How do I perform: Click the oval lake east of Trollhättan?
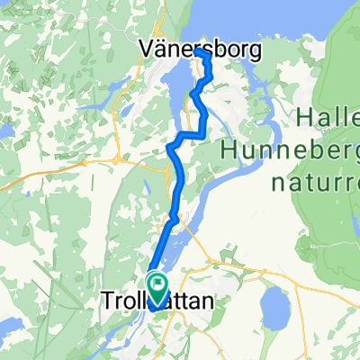tap(278, 311)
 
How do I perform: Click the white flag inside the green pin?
tap(157, 285)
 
